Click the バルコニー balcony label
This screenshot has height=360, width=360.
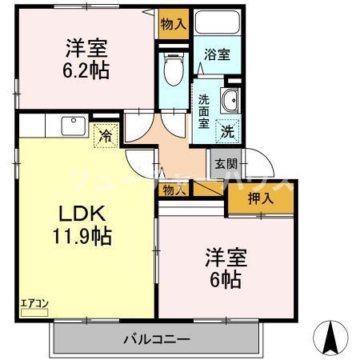(157, 338)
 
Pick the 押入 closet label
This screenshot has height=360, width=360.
(261, 198)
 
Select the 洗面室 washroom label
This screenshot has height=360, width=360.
(204, 111)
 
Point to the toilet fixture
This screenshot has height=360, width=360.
(170, 70)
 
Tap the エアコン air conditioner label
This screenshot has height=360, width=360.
(34, 303)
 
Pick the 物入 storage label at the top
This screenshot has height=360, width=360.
(173, 24)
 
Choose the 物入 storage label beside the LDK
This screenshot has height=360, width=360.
(172, 190)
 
